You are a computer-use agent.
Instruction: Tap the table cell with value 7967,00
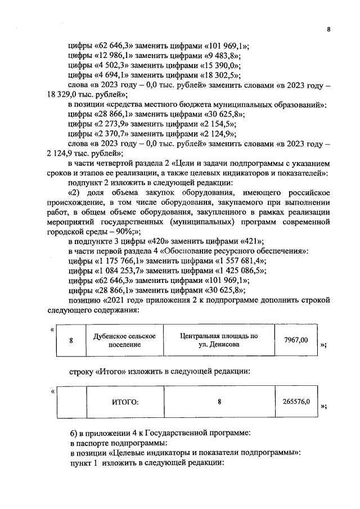pyautogui.click(x=296, y=340)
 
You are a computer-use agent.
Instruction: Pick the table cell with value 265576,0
pyautogui.click(x=296, y=402)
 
